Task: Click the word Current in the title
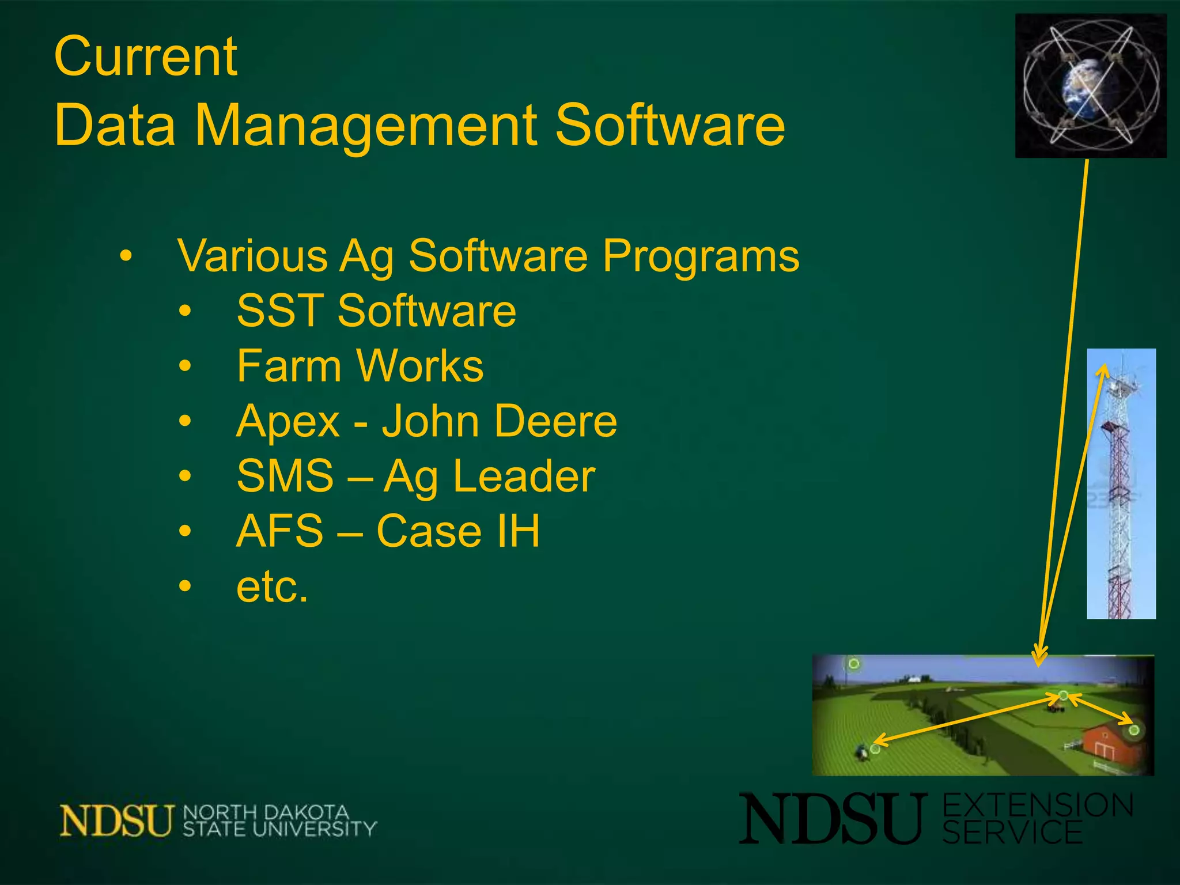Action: tap(145, 56)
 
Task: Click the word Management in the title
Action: tap(365, 125)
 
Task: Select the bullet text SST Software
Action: tap(376, 311)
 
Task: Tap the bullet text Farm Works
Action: tap(360, 366)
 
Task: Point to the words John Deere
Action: tap(499, 421)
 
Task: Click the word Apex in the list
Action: tap(288, 421)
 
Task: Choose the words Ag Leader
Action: tap(489, 476)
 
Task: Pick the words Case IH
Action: tap(458, 531)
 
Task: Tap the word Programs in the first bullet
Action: tap(701, 256)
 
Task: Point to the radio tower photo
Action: tap(1121, 484)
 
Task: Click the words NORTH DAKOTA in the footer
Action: tap(266, 812)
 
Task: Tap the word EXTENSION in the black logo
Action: tap(1038, 805)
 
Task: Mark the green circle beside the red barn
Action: tap(1134, 731)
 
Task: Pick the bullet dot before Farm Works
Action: tap(184, 366)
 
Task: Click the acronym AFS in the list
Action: tap(280, 531)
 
